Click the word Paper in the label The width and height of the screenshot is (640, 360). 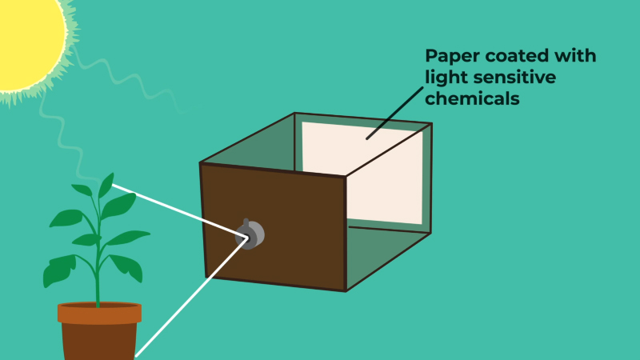[x=452, y=56]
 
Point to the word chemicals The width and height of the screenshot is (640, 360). [x=472, y=98]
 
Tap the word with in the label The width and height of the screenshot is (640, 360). [x=574, y=55]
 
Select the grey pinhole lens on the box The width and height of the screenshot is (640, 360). [x=250, y=234]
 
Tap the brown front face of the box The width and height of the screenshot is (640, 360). [x=274, y=226]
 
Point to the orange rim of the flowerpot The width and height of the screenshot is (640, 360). [x=99, y=313]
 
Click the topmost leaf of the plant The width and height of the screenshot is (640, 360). [x=106, y=186]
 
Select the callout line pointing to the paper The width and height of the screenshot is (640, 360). [x=395, y=113]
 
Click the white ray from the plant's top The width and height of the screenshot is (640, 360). [x=179, y=211]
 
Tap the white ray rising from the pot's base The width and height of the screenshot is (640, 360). [x=191, y=298]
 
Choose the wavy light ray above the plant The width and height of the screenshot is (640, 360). [x=66, y=138]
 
